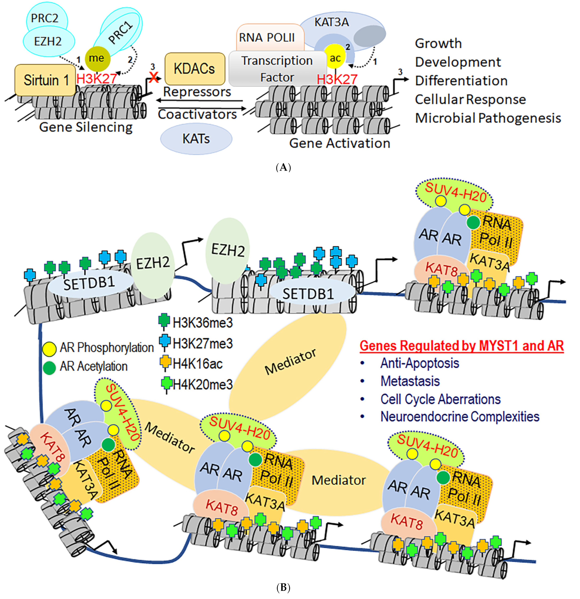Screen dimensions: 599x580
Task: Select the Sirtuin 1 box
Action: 45,80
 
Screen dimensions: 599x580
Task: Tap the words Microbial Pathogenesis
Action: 488,118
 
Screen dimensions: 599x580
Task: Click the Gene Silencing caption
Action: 86,127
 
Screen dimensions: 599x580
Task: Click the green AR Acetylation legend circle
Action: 49,367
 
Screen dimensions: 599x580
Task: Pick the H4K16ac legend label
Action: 197,364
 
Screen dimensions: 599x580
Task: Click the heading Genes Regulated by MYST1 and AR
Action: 461,346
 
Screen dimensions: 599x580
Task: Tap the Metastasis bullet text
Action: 410,381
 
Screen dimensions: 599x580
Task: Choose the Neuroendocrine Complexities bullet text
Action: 460,417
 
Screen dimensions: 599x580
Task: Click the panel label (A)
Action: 283,167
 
